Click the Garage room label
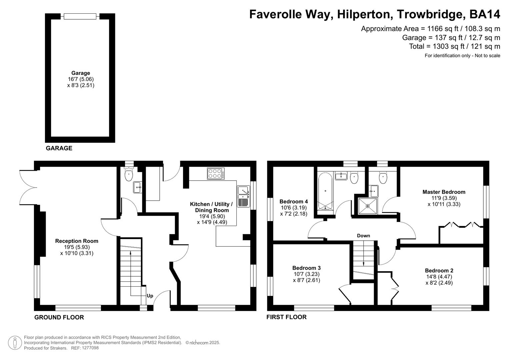coord(81,73)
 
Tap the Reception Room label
coord(77,241)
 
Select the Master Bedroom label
coord(444,192)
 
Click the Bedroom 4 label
coord(293,202)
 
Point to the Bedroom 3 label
coord(306,268)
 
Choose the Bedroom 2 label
coord(439,271)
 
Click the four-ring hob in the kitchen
coord(215,173)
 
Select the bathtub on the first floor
coord(325,192)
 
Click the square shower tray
coord(368,206)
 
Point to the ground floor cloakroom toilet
coord(129,175)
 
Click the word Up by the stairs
coord(150,296)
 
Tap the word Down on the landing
coord(363,236)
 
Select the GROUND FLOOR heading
coord(59,317)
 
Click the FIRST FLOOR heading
coord(286,317)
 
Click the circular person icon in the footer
coord(15,343)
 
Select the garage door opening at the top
coord(80,16)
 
